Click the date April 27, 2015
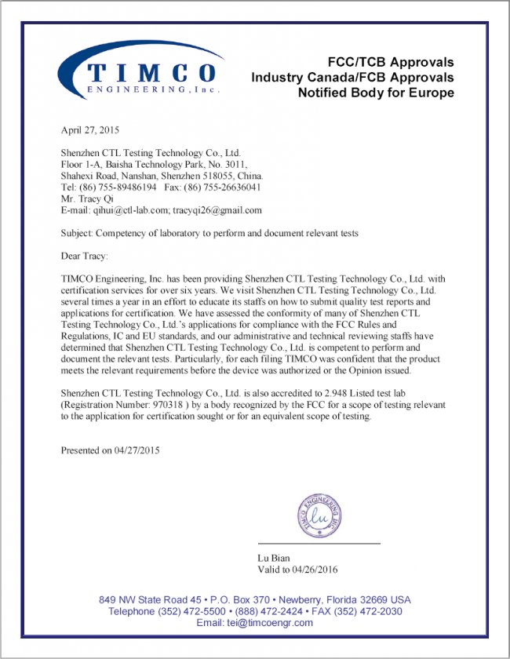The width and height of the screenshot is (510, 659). tap(90, 129)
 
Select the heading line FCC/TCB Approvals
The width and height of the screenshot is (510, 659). tap(390, 62)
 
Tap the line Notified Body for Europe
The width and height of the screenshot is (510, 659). tap(376, 93)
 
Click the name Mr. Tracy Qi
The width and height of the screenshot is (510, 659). tap(87, 199)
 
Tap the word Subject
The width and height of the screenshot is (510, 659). tap(77, 233)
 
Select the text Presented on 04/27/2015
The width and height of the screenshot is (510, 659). tap(111, 450)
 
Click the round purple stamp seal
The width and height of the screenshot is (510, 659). tap(319, 515)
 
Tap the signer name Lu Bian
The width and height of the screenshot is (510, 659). tap(275, 557)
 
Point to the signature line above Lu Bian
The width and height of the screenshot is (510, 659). tap(319, 544)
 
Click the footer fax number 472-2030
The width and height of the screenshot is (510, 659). tap(381, 611)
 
